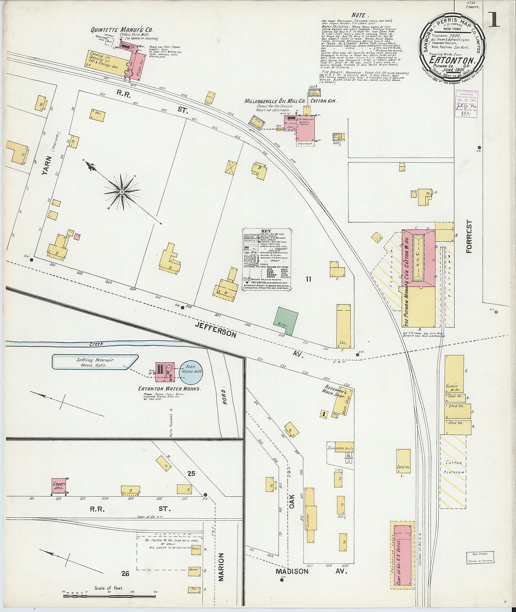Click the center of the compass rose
click(x=122, y=191)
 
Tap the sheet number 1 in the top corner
click(x=493, y=20)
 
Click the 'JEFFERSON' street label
click(x=216, y=328)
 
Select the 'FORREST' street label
click(x=469, y=236)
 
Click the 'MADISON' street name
click(x=292, y=572)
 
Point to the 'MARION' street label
click(x=221, y=567)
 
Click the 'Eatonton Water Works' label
click(x=169, y=388)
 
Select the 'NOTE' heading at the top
click(x=358, y=15)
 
